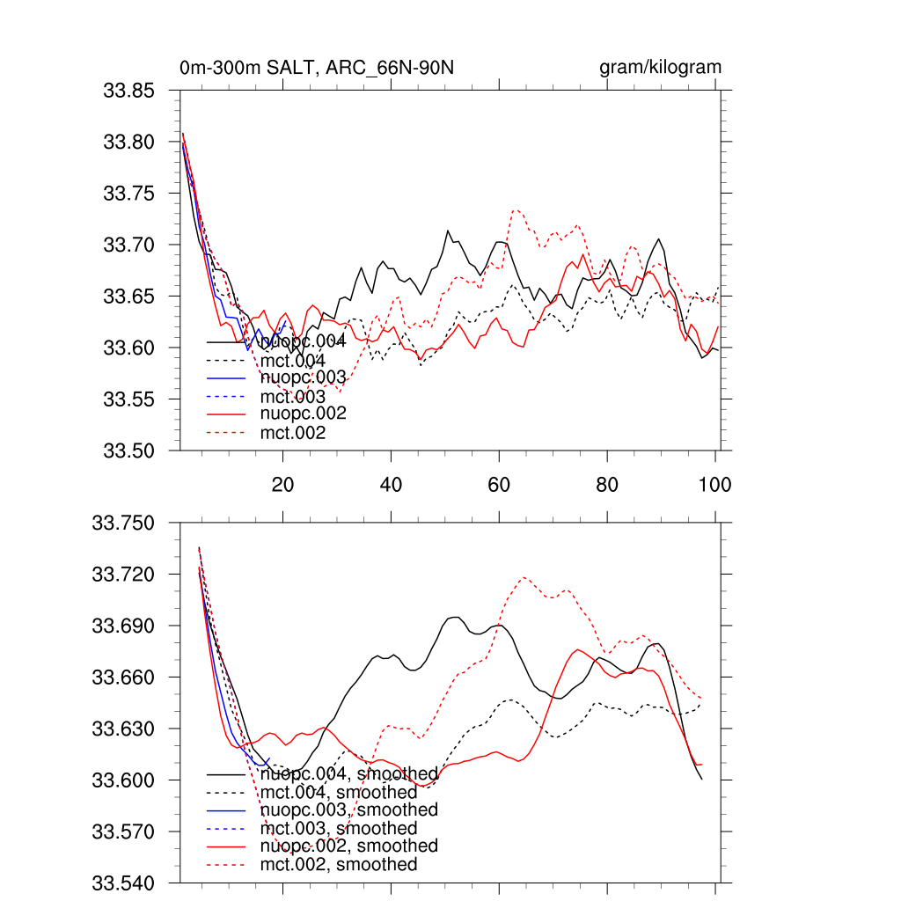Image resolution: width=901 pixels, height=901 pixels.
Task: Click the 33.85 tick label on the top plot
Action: (130, 91)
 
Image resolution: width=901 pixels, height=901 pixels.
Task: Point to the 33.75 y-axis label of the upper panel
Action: (130, 194)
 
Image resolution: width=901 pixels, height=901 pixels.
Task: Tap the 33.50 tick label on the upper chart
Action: (130, 450)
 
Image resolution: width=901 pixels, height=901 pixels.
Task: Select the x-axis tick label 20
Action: (282, 485)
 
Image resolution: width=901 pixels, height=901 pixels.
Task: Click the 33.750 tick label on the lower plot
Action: (126, 524)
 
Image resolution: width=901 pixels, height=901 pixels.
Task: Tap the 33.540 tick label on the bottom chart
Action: (126, 883)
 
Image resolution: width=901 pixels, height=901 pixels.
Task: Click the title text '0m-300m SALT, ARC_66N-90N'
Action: (317, 68)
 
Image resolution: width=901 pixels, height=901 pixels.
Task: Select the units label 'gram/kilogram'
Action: (660, 68)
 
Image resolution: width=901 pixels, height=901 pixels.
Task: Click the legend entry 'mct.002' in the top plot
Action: (293, 433)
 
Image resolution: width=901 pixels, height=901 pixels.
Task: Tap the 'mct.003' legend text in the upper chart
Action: (293, 397)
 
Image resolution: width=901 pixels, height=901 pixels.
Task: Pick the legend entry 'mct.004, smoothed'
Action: (339, 794)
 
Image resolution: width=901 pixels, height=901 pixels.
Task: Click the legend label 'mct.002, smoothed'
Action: (339, 865)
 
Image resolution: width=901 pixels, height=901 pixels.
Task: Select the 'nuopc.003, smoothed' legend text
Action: (349, 810)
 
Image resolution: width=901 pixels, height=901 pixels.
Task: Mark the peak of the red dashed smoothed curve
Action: (524, 577)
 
